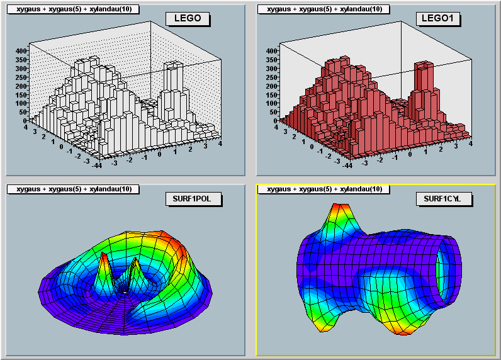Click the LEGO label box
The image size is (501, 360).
tap(188, 18)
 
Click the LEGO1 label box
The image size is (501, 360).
tap(437, 18)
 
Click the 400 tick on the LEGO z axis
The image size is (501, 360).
tap(20, 51)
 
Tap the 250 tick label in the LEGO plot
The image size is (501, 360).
tap(20, 77)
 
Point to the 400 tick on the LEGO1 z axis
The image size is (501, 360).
tap(271, 51)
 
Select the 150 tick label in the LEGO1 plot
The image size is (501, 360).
tap(271, 94)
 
